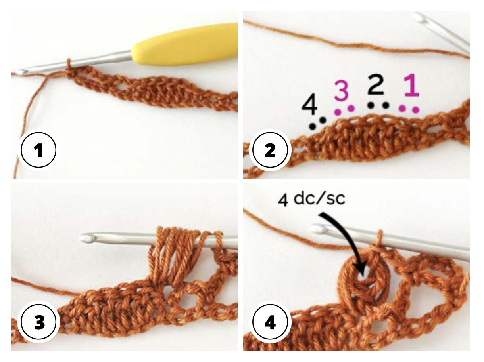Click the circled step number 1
coord(38,151)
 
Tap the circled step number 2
coord(270,151)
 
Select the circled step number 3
coord(38,323)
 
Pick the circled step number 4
coord(270,323)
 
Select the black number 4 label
coord(309,104)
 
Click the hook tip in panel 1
coord(21,72)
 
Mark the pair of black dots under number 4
coord(318,123)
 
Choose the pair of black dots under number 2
coord(378,105)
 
